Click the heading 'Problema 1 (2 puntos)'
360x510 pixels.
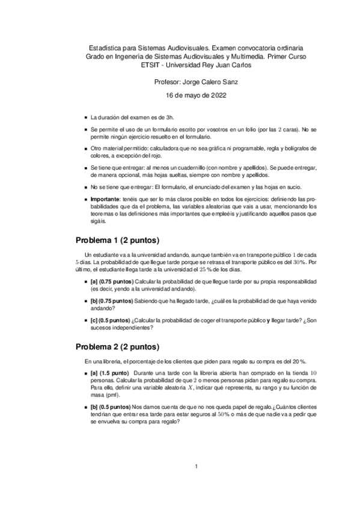pos(117,240)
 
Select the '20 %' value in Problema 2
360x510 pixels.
pos(299,361)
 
